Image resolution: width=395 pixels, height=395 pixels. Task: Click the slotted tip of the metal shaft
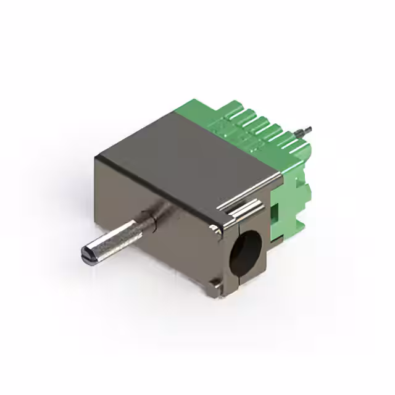pos(86,254)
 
